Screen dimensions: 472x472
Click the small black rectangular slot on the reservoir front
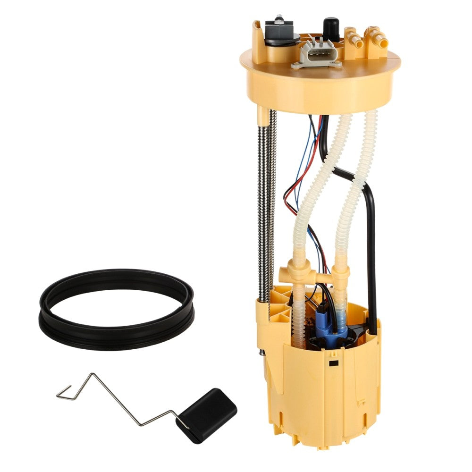[x=334, y=363]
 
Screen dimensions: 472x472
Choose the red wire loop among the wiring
[x=289, y=198]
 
